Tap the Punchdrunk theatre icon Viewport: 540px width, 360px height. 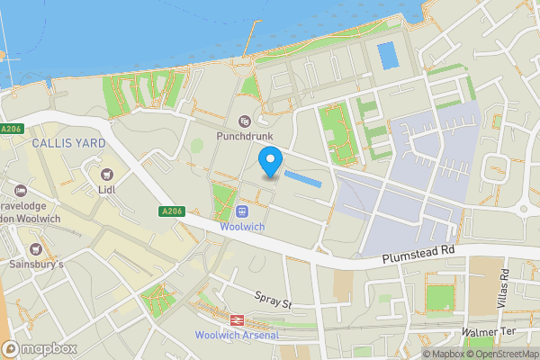point(243,121)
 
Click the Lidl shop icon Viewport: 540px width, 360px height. point(107,175)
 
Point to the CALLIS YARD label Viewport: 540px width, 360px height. point(68,143)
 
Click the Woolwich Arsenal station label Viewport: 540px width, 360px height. point(237,336)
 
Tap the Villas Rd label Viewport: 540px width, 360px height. point(505,289)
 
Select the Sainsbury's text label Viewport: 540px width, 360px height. point(36,265)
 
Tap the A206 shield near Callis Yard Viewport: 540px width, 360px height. point(11,130)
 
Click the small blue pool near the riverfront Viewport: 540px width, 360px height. point(388,56)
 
